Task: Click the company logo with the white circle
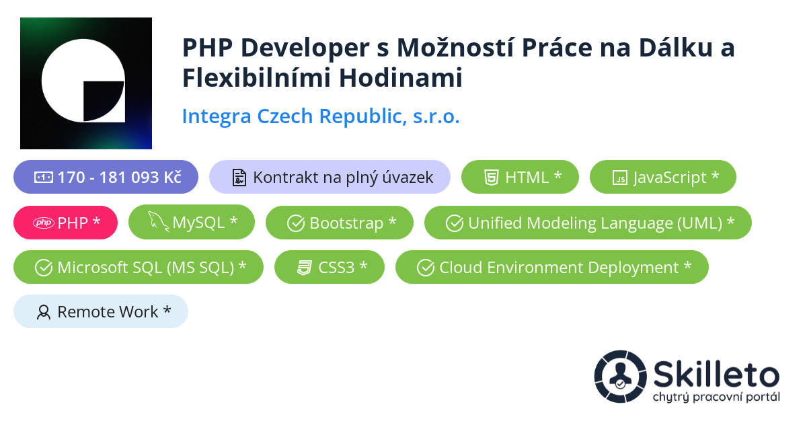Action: pyautogui.click(x=85, y=83)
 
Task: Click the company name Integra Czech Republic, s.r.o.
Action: pyautogui.click(x=321, y=116)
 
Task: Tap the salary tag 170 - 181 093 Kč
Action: pyautogui.click(x=106, y=178)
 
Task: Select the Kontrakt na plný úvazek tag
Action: pyautogui.click(x=330, y=178)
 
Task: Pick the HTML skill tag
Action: pyautogui.click(x=520, y=178)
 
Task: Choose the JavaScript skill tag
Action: pyautogui.click(x=662, y=178)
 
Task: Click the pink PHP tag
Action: pyautogui.click(x=65, y=223)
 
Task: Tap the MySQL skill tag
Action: pyautogui.click(x=192, y=223)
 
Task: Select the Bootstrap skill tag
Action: pyautogui.click(x=340, y=223)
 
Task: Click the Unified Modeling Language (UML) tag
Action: pyautogui.click(x=588, y=223)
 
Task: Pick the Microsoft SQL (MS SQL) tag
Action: pyautogui.click(x=139, y=267)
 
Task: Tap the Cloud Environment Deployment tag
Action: pyautogui.click(x=552, y=267)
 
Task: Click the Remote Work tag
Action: pyautogui.click(x=101, y=312)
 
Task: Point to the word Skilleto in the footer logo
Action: pyautogui.click(x=716, y=374)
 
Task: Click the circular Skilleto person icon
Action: pyautogui.click(x=620, y=376)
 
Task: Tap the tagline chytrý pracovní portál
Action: pyautogui.click(x=716, y=397)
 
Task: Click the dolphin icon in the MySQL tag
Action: pyautogui.click(x=158, y=222)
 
